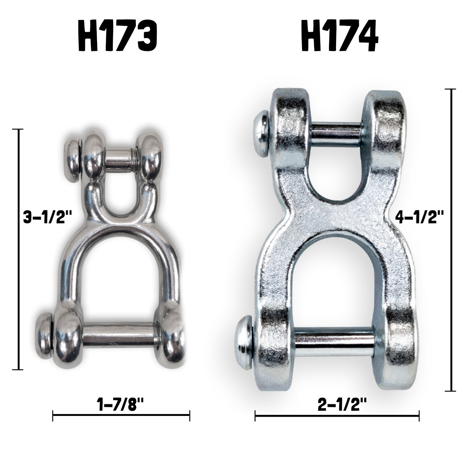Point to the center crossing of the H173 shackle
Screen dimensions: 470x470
click(x=117, y=225)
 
